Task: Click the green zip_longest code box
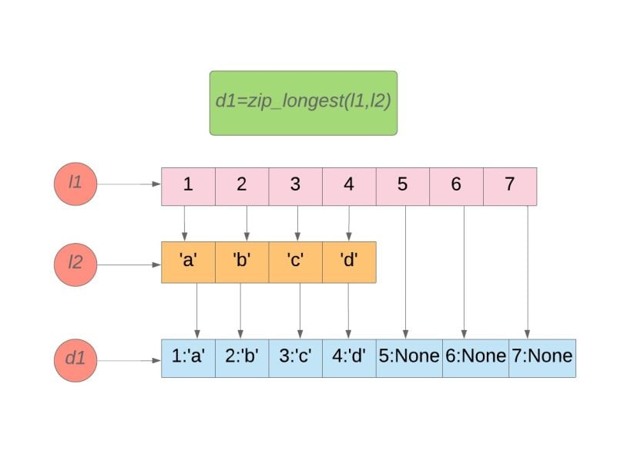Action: click(303, 103)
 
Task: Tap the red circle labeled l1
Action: click(75, 185)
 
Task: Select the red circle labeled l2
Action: click(75, 263)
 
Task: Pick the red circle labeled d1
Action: click(75, 359)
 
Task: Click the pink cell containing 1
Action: click(188, 186)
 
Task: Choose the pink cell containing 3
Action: click(295, 186)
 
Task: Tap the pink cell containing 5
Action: click(402, 186)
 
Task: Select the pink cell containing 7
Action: click(509, 186)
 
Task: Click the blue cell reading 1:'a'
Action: click(188, 358)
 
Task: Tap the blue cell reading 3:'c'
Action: click(295, 358)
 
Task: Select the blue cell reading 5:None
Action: click(409, 358)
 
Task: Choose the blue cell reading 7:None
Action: click(542, 358)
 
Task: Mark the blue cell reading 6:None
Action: click(475, 358)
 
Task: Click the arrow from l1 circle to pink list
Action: click(129, 185)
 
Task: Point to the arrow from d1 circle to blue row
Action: click(129, 359)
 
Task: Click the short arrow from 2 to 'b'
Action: click(247, 224)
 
